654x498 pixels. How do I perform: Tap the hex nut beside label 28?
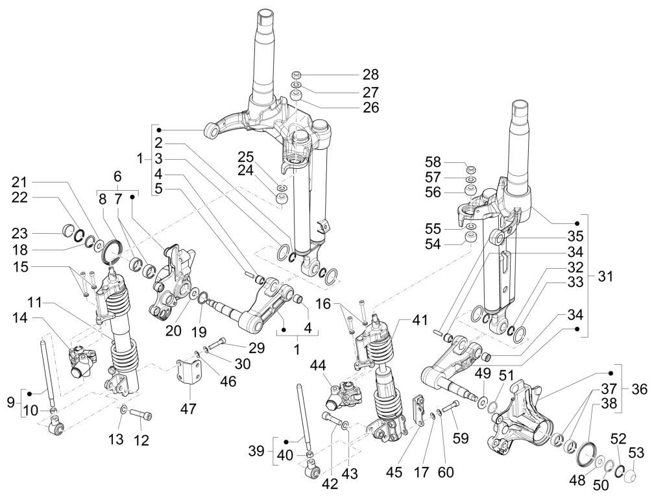pyautogui.click(x=295, y=74)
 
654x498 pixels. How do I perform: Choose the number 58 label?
pyautogui.click(x=450, y=161)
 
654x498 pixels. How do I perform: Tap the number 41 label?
pyautogui.click(x=420, y=319)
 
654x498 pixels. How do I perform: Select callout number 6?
pyautogui.click(x=117, y=176)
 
